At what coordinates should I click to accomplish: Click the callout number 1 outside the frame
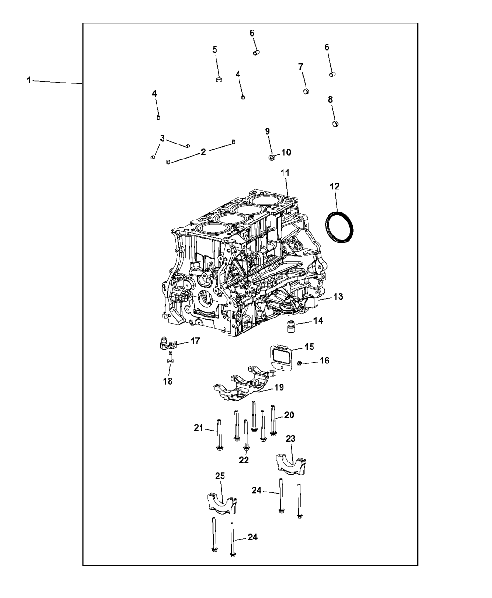point(29,81)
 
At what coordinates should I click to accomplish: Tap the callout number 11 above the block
point(285,173)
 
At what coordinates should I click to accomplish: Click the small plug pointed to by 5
point(219,79)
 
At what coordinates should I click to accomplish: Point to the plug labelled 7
point(306,91)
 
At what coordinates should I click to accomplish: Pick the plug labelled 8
point(335,124)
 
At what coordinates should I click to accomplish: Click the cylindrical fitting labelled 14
point(291,326)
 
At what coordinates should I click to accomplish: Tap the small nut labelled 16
point(299,363)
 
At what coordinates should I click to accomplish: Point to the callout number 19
point(279,387)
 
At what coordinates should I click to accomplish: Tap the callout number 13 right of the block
point(338,296)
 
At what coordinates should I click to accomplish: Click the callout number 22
point(244,468)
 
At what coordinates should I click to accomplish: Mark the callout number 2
point(203,152)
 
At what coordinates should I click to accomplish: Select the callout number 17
point(195,341)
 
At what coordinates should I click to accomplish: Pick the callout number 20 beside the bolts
point(289,415)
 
